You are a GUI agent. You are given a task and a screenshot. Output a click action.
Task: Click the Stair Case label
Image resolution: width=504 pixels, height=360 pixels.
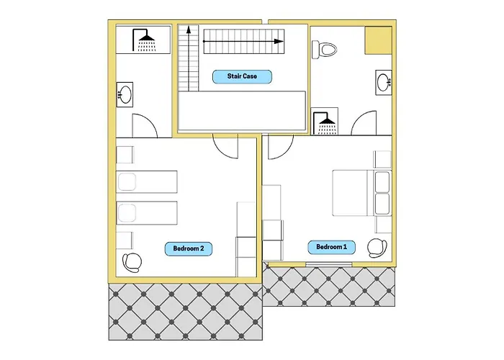pos(242,76)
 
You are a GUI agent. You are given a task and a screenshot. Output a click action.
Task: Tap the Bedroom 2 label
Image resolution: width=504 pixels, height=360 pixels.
pos(189,249)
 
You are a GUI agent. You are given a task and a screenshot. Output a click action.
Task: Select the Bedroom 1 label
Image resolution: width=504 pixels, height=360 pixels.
pos(331,247)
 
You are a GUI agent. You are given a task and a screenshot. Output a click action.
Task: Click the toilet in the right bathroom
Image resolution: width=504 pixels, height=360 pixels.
pos(324,50)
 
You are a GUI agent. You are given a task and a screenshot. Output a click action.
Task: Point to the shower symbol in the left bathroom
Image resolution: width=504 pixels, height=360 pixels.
pos(143,40)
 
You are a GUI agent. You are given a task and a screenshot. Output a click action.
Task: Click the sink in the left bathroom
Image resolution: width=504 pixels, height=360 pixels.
pos(125,94)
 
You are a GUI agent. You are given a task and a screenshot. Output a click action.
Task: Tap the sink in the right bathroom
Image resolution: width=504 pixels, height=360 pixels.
pos(384,82)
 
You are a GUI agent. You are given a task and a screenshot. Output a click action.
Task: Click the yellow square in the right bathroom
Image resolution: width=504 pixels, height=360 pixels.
pos(378,40)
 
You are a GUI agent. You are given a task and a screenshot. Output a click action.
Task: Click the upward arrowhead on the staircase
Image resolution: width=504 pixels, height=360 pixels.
pos(189,30)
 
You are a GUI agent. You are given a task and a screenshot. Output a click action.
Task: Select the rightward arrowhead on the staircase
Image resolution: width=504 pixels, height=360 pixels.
pos(279,42)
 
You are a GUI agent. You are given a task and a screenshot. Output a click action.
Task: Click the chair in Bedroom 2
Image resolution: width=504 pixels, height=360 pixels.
pos(132,262)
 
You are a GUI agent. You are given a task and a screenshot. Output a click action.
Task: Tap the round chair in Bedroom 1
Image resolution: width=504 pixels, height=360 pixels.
pos(377,248)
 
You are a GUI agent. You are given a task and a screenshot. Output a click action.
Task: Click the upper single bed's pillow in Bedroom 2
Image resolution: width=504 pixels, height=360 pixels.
pos(127,182)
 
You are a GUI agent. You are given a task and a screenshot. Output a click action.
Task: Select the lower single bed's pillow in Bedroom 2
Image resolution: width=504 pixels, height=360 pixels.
pos(127,213)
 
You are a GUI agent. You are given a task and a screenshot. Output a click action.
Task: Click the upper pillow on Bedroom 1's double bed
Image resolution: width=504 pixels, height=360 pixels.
pos(382,182)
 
